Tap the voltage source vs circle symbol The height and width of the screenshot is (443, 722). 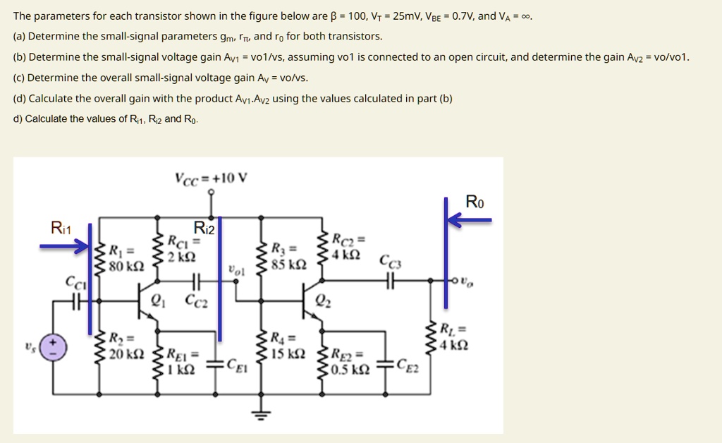tap(54, 346)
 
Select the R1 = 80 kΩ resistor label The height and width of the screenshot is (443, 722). tap(127, 257)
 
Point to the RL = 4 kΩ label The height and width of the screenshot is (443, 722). tap(451, 337)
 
